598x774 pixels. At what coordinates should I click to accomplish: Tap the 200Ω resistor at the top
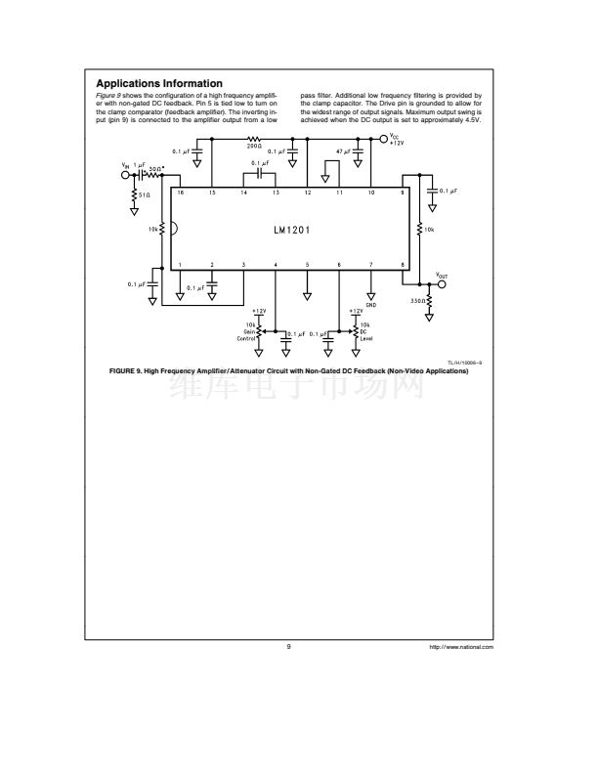(x=253, y=139)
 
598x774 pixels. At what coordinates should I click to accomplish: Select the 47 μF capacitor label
(x=343, y=151)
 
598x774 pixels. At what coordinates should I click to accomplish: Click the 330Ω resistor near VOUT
(x=429, y=301)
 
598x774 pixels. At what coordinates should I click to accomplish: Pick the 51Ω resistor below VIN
(x=134, y=194)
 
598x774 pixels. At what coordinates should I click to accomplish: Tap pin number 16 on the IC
(x=180, y=193)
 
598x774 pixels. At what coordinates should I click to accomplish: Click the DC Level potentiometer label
(x=363, y=334)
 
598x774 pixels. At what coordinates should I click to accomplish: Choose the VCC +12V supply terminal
(x=382, y=139)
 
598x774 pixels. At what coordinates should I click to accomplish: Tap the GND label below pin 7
(x=371, y=305)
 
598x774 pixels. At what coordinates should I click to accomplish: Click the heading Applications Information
(x=159, y=82)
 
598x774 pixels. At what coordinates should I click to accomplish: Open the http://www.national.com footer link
(x=461, y=648)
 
